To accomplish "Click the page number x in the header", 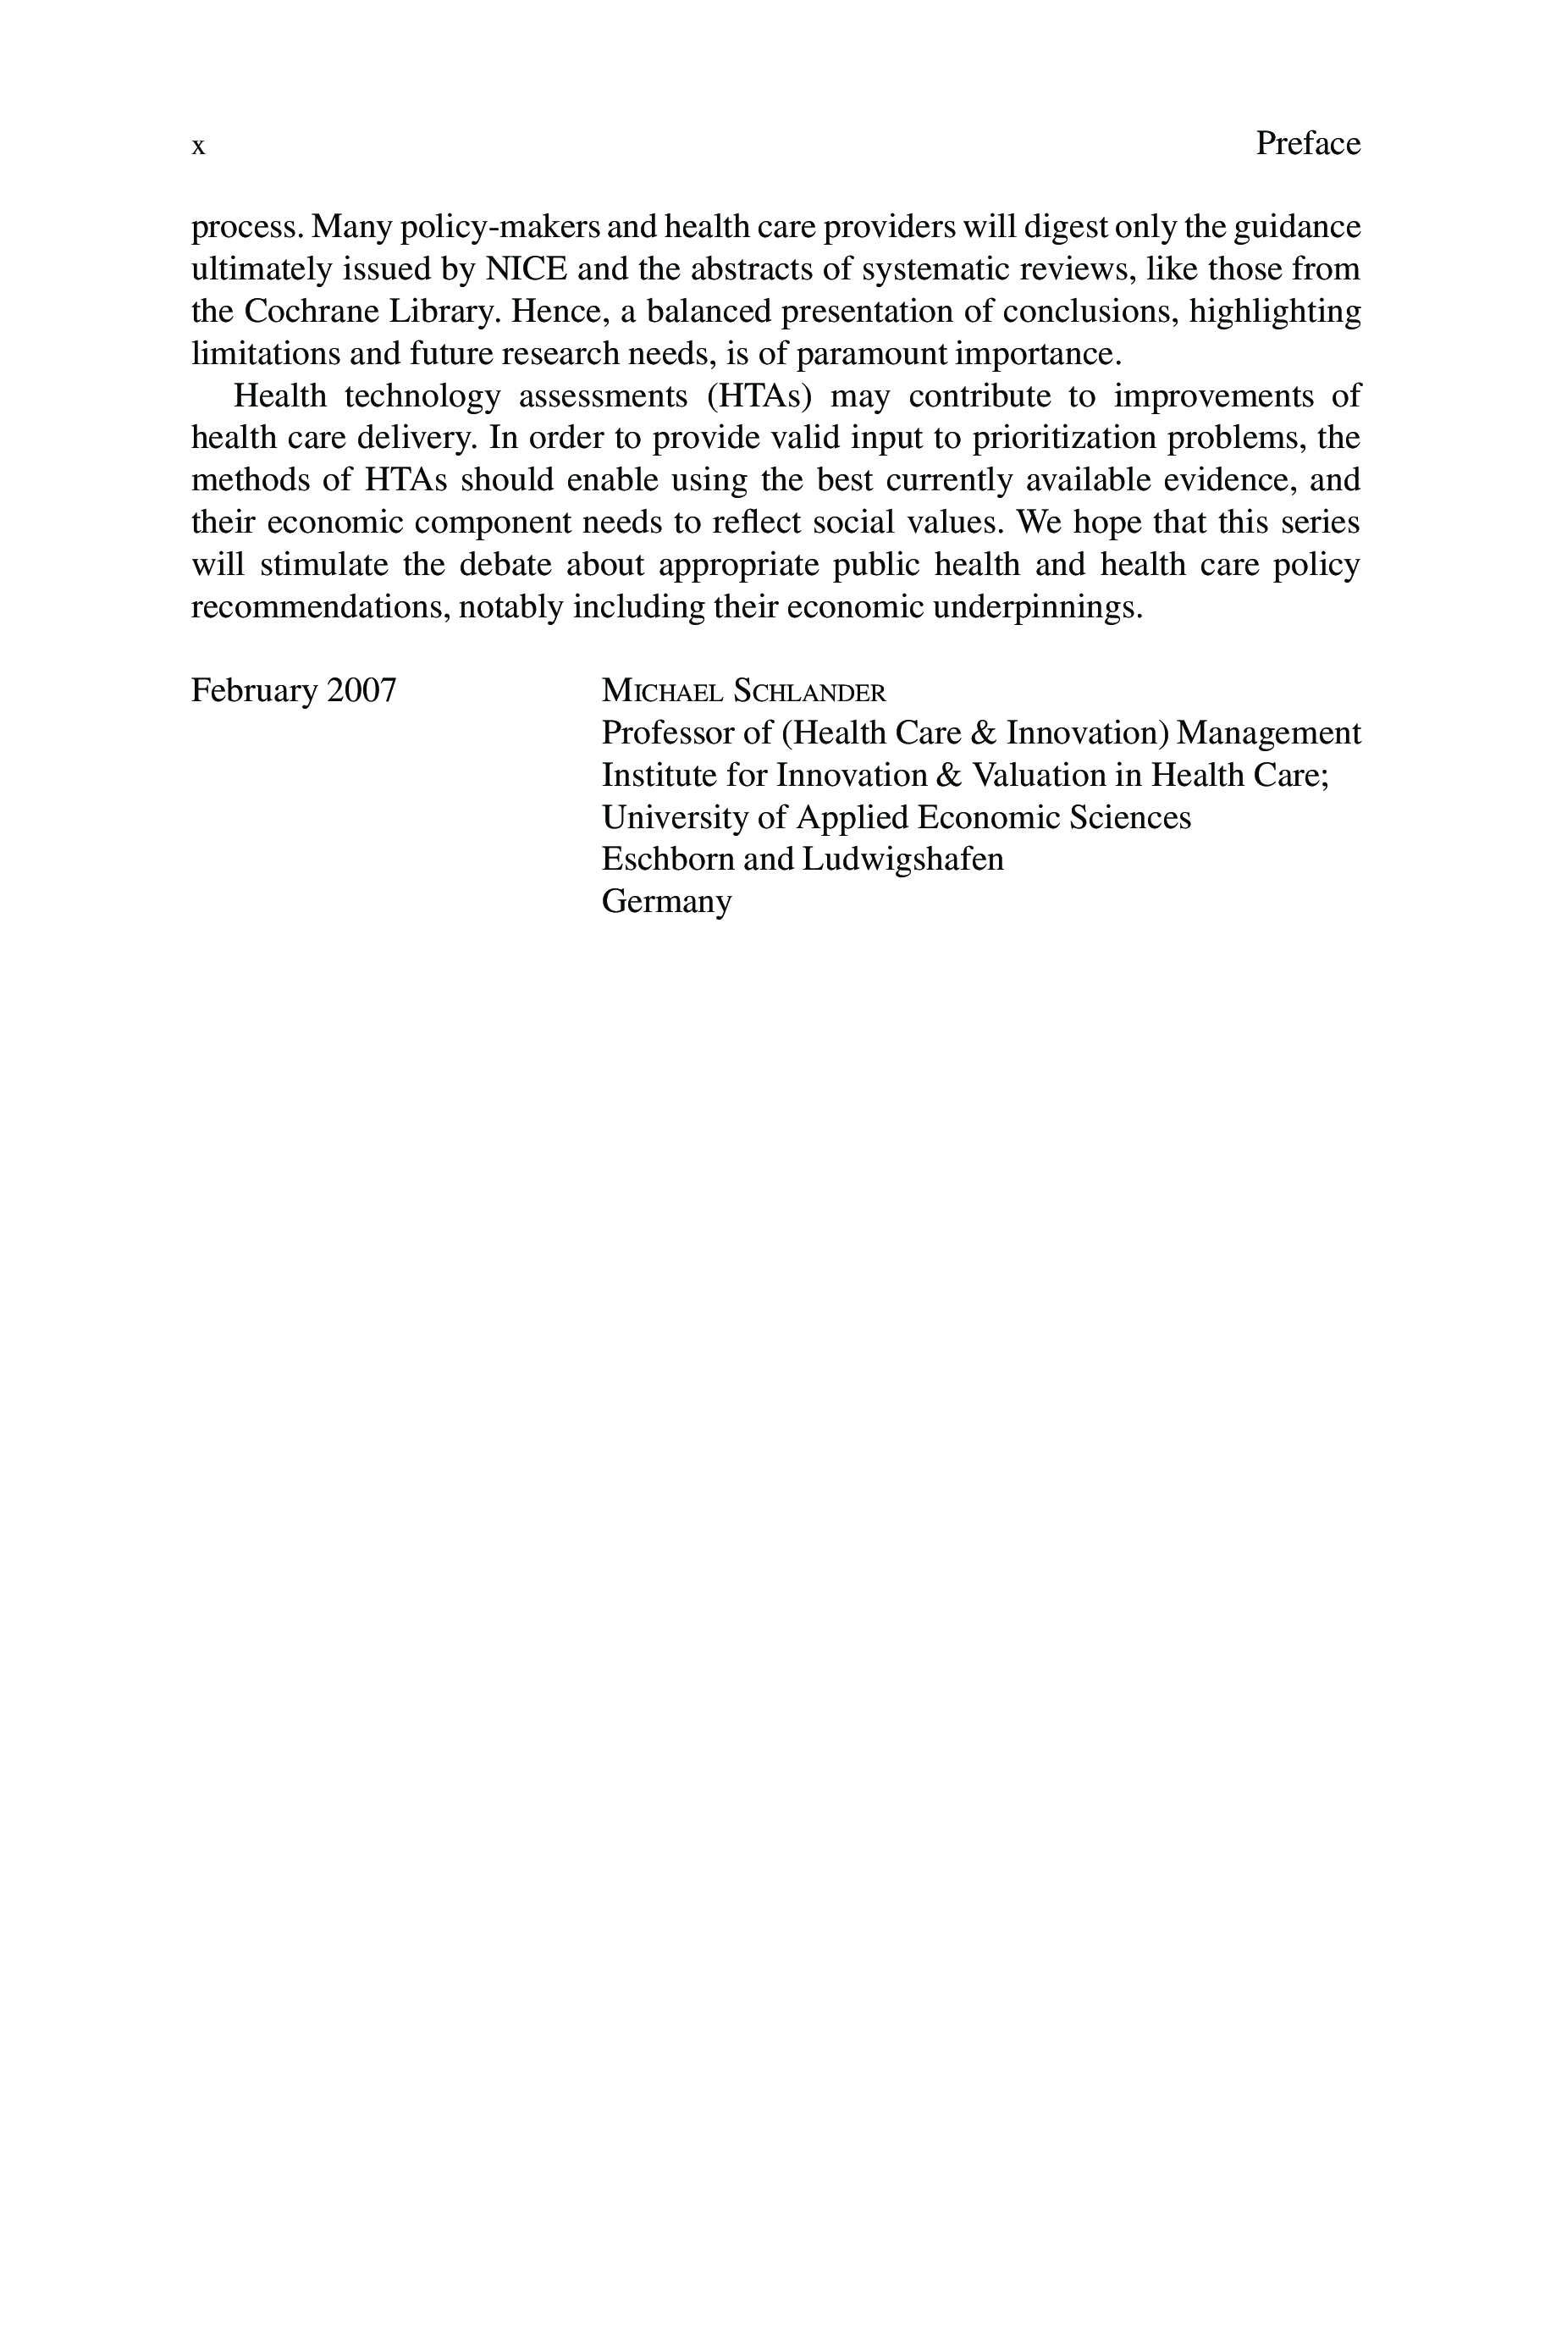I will pos(198,147).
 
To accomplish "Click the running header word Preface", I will pos(1307,144).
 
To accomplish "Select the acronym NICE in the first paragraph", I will pos(526,269).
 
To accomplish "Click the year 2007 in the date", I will pos(362,689).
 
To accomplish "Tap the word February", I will pos(254,689).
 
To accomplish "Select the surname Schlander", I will pos(808,691).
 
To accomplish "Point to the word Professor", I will pos(667,733).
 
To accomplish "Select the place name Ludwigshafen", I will pos(902,860).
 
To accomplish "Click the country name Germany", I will pos(667,902).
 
